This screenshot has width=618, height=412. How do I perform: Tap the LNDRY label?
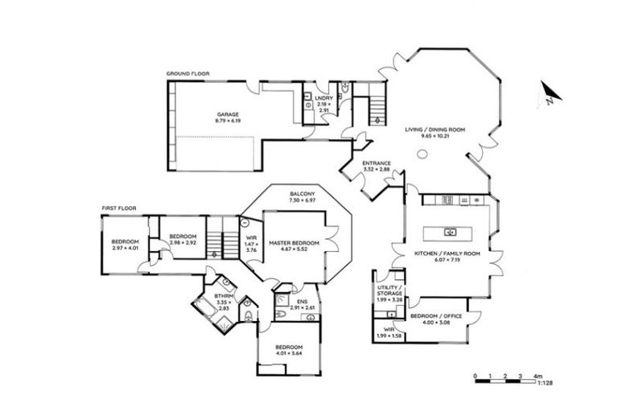[323, 98]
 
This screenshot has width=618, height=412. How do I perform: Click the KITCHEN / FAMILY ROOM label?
[447, 253]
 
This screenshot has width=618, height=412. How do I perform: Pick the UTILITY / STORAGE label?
[389, 292]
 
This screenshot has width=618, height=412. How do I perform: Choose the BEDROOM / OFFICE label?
[439, 316]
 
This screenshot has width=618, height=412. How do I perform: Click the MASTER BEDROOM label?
[294, 242]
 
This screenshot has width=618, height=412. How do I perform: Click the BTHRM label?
[223, 296]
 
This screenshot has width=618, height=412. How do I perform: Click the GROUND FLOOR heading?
[187, 74]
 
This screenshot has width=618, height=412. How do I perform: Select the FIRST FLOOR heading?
[119, 208]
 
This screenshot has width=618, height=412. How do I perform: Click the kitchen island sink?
[450, 233]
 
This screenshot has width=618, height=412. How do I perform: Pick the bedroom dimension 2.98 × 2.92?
[183, 242]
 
